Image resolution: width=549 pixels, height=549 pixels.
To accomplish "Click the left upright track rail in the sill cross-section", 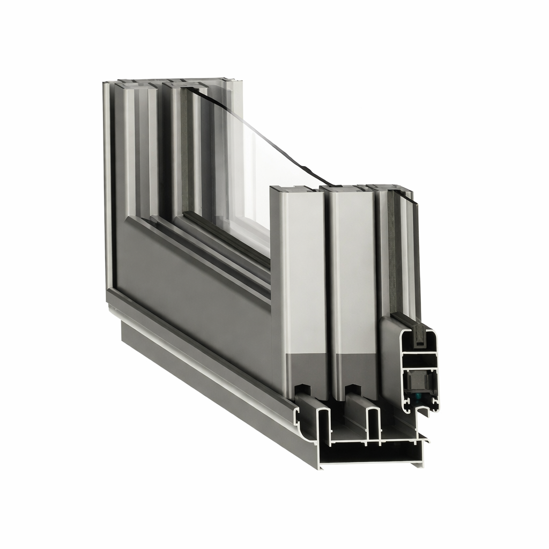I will tap(323, 424).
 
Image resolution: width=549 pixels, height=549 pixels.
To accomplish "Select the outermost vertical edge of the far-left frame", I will tap(107, 188).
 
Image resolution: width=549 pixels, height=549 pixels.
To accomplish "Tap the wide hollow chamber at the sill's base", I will tap(375, 453).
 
